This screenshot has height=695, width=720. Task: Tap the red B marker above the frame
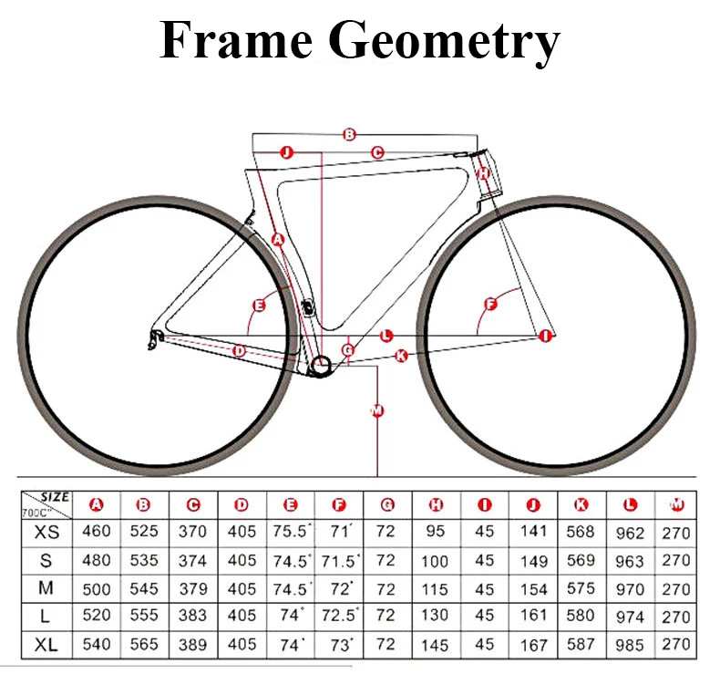click(349, 134)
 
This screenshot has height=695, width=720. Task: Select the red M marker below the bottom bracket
click(377, 410)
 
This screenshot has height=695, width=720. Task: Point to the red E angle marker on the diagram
click(259, 305)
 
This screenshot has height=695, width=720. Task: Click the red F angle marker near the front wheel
click(490, 304)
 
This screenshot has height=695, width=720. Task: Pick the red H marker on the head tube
click(484, 172)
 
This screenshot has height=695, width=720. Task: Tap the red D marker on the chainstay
click(240, 350)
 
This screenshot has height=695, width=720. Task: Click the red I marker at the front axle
click(545, 336)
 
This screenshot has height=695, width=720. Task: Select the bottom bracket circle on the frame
click(321, 366)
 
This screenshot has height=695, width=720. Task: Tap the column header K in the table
click(581, 504)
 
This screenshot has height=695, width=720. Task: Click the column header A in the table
click(97, 504)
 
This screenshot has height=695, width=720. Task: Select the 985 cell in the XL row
click(630, 645)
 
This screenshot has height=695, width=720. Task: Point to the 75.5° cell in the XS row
click(292, 532)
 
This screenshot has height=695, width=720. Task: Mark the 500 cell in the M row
click(97, 588)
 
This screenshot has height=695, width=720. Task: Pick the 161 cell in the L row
click(533, 617)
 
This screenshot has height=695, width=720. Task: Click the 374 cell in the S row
click(193, 560)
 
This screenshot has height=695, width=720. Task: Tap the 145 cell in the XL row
click(436, 645)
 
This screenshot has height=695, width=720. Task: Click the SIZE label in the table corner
click(55, 497)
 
